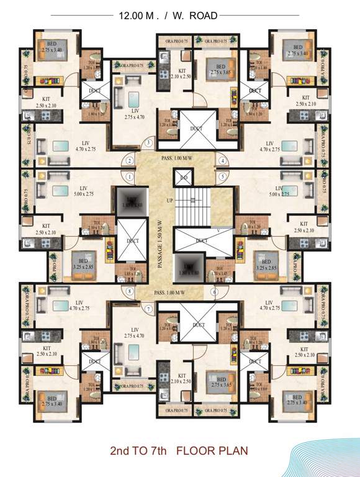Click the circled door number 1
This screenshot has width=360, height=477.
click(129, 176)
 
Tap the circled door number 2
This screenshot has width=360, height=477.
click(129, 161)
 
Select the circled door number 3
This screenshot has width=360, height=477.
click(148, 143)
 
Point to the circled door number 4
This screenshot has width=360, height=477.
click(222, 161)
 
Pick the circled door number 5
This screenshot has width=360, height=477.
click(222, 176)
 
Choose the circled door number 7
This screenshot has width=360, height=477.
click(148, 309)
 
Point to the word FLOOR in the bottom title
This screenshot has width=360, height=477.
click(201, 450)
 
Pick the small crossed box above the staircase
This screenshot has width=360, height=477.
click(184, 178)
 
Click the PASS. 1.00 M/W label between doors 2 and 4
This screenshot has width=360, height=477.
click(176, 158)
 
